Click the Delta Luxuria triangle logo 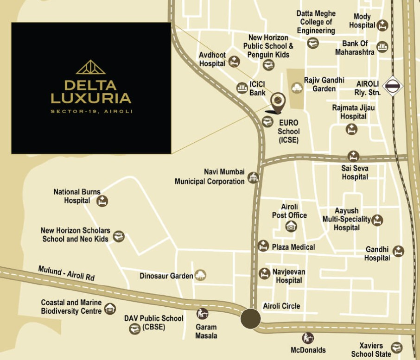point(91,67)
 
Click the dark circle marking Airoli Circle point(250,319)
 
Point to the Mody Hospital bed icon point(382,25)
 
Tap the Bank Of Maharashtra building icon point(382,47)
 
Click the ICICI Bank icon point(242,88)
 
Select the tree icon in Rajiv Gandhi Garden point(297,87)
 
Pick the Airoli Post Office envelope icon point(291,226)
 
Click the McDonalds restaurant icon point(307,338)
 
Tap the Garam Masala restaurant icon point(202,314)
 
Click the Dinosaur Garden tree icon point(200,275)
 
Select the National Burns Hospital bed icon point(102,201)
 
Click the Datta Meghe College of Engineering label point(316,22)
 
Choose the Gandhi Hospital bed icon point(398,251)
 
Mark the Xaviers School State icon point(396,347)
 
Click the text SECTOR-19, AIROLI point(91,111)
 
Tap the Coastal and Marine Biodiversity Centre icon point(110,309)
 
